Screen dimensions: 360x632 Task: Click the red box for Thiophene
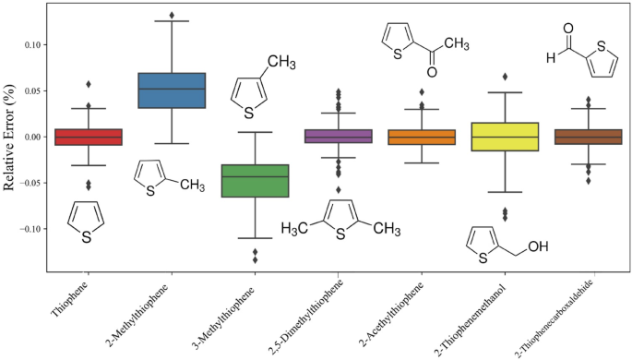89,137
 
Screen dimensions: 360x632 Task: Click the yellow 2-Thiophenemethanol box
505,137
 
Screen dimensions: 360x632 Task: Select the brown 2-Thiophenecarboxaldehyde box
588,137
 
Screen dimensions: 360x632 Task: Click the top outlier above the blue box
172,16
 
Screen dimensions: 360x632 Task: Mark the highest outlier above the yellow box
505,77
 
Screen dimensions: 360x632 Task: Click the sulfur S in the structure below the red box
87,237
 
